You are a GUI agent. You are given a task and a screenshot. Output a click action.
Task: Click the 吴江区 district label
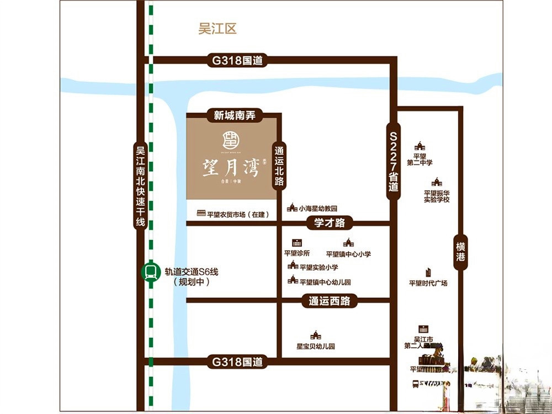point(217,29)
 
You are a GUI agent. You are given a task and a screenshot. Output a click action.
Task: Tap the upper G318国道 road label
point(237,61)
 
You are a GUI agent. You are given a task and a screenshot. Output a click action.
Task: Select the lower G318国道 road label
point(237,363)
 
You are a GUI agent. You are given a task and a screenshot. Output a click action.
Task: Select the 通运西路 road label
point(330,301)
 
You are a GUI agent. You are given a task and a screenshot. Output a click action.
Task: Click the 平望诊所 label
point(297,253)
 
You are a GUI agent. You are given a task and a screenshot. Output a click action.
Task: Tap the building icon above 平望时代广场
point(428,273)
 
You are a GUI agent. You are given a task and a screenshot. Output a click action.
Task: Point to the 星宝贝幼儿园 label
point(316,347)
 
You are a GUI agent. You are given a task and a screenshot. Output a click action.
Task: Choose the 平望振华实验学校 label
point(437,196)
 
